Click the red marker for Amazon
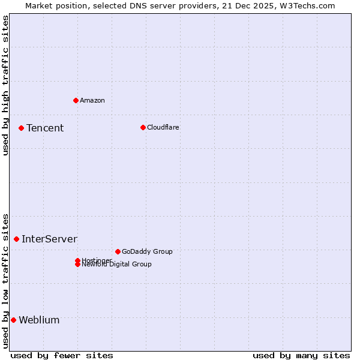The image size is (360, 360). pos(76,100)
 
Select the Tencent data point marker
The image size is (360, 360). pos(21,128)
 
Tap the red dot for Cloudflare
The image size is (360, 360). pos(143,127)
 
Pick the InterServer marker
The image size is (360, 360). pos(16,239)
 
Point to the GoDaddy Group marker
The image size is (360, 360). pos(118,251)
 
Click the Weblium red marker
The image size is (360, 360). pos(13,320)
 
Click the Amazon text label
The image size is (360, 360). pos(92,100)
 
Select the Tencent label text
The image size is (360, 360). pos(45,128)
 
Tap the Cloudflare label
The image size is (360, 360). pos(163,127)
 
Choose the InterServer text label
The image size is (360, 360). pos(49,239)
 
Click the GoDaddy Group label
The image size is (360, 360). pos(147,251)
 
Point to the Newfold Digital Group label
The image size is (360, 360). pos(116,265)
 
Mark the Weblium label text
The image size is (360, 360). pos(39,320)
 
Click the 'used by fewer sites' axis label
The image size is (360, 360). pos(62,355)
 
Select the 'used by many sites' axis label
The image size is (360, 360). pos(301,355)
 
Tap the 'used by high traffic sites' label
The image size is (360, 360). pos(5,85)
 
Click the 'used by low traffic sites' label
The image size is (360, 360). pos(5,280)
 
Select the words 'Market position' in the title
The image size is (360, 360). pos(53,5)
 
